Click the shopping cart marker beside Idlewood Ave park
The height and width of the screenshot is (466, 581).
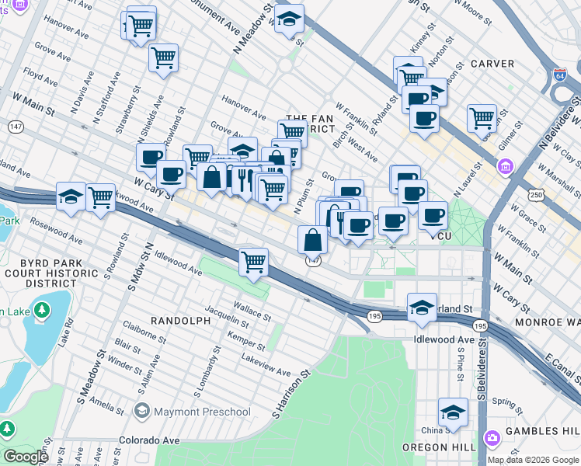(x=254, y=263)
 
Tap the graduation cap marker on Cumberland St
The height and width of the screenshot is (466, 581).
(x=422, y=307)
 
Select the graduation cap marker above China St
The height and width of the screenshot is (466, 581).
(x=453, y=412)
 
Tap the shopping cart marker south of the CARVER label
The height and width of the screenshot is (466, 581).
(x=482, y=118)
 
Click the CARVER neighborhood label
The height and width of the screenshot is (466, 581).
(x=492, y=64)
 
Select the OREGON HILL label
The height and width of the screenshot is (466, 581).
(x=436, y=447)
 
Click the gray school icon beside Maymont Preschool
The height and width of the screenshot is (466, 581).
(x=141, y=410)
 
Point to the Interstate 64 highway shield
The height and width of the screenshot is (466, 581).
(x=560, y=75)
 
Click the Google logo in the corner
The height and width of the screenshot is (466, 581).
(x=25, y=457)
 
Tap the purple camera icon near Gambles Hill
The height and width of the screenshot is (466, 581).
(x=492, y=439)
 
